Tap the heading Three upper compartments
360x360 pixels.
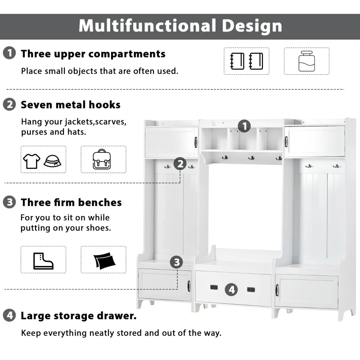click(93, 54)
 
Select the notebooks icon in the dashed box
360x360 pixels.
click(246, 61)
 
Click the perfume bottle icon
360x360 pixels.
click(306, 61)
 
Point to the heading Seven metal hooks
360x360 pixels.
click(71, 105)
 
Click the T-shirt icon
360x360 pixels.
click(32, 160)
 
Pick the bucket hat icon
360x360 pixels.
click(53, 160)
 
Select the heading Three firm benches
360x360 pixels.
click(71, 202)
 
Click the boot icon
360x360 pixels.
click(43, 260)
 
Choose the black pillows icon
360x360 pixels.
click(103, 260)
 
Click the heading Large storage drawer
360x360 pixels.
click(79, 315)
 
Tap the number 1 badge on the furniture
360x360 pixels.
click(244, 126)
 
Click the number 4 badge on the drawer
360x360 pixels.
click(231, 289)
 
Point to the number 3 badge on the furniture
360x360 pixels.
click(176, 262)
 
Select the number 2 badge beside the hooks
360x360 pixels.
click(180, 164)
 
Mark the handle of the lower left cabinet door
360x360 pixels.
click(189, 286)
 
